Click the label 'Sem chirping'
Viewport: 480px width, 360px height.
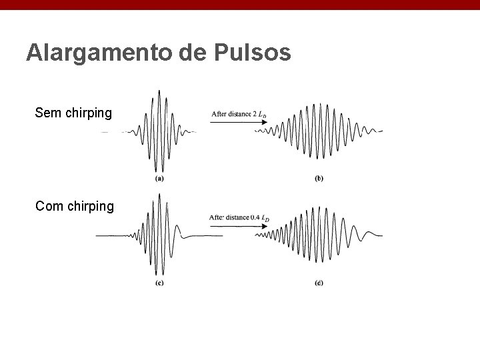73,113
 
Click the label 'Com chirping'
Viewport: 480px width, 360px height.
75,206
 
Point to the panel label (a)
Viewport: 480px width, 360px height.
160,178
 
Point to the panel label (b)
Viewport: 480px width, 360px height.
319,178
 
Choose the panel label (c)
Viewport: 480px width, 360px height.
160,283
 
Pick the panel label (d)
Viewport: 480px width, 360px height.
319,283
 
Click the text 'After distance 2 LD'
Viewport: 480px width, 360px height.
239,115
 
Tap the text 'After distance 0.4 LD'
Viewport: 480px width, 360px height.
239,218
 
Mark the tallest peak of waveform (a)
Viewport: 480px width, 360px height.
158,91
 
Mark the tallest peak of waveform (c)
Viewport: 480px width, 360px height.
159,195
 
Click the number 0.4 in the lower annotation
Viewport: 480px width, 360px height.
255,218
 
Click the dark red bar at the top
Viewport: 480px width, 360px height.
240,5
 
